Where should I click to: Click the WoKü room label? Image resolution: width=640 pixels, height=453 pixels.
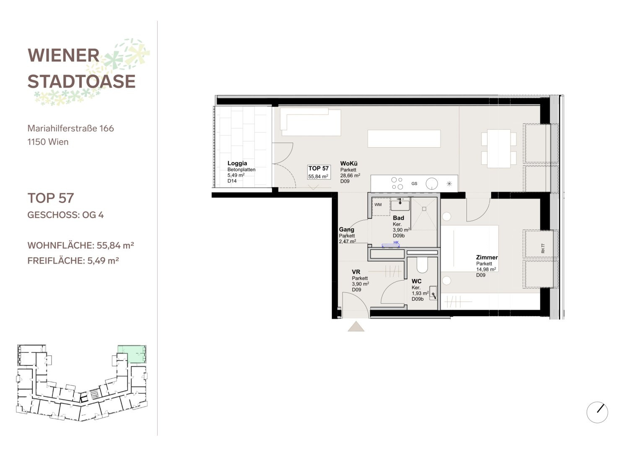(x=349, y=164)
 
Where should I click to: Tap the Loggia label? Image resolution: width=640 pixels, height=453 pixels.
(x=237, y=163)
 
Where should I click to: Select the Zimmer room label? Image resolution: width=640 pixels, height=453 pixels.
(x=487, y=258)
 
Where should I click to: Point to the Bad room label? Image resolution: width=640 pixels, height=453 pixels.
(x=398, y=218)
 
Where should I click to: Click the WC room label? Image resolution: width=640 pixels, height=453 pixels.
(x=416, y=281)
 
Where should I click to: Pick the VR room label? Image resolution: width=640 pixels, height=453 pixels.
(x=356, y=272)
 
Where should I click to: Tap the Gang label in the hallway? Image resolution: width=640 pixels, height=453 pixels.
(x=347, y=229)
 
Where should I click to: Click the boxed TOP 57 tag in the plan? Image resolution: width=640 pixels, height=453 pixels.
(x=319, y=172)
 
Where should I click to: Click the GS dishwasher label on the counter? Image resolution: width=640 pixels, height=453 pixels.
(x=414, y=184)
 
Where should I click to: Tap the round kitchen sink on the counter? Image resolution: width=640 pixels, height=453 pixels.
(x=432, y=184)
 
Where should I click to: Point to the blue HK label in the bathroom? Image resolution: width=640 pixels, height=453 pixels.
(x=396, y=242)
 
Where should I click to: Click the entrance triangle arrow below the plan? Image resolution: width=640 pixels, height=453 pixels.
(x=356, y=326)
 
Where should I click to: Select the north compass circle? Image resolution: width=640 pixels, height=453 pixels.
(x=597, y=412)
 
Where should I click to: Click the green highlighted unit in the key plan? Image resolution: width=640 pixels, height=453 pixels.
(x=132, y=354)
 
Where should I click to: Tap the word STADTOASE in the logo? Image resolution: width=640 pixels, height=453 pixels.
(x=81, y=81)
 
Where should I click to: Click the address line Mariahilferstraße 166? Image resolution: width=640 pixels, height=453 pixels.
(x=70, y=128)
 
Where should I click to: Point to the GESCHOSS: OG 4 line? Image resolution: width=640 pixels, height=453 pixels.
(x=65, y=215)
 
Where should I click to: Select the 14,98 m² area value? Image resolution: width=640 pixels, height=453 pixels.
(x=486, y=269)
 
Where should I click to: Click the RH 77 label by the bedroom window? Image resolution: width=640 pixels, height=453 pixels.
(x=543, y=248)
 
